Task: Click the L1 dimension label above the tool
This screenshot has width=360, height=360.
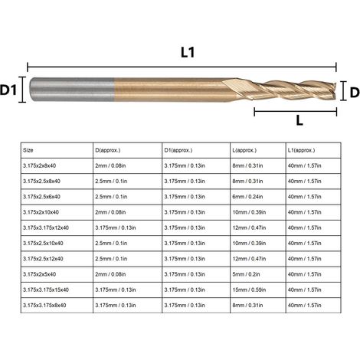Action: pos(188,52)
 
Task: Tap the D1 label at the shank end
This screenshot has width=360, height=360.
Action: pos(8,90)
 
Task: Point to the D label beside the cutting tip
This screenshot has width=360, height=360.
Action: pos(355,93)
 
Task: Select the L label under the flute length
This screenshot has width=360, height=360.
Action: pos(299,120)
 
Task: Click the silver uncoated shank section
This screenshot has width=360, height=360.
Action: pos(72,90)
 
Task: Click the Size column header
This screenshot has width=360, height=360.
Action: pos(28,150)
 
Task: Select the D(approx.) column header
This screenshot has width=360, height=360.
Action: pos(108,150)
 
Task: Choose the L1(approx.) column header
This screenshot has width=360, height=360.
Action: pos(301,150)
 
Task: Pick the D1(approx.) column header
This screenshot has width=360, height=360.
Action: pos(178,150)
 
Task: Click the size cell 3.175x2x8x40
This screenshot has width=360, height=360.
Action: pos(39,165)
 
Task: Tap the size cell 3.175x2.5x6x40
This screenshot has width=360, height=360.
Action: pos(41,197)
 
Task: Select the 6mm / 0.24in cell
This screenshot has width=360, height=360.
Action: pos(247,197)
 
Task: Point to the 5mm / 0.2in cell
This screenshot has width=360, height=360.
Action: pos(246,274)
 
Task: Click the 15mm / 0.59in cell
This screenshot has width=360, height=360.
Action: pos(249,290)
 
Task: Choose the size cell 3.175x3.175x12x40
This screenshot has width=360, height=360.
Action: pos(46,227)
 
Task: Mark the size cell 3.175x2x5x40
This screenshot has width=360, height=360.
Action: pos(39,274)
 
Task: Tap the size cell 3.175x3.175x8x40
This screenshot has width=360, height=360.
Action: pos(44,306)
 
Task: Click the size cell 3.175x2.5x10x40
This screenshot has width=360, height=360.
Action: pos(43,244)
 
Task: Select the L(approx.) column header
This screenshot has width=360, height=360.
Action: pos(244,150)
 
